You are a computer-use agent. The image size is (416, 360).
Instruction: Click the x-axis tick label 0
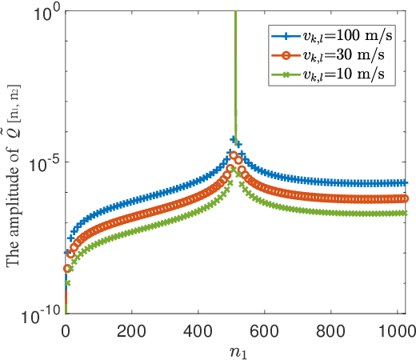pos(66,330)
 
